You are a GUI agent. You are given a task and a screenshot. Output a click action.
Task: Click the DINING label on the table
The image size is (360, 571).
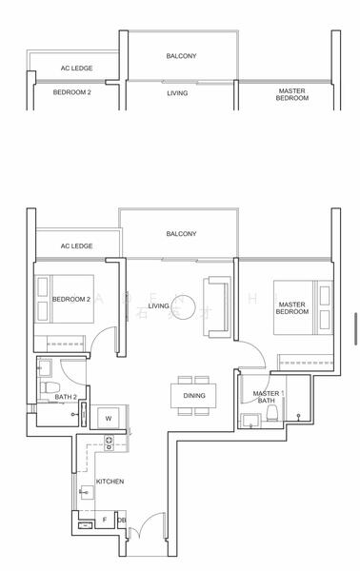(x=194, y=395)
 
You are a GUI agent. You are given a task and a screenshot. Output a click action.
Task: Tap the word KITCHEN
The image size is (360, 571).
(x=110, y=482)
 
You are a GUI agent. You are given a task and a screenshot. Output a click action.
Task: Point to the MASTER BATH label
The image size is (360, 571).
(x=267, y=398)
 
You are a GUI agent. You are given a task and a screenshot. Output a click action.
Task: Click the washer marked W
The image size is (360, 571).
(x=108, y=418)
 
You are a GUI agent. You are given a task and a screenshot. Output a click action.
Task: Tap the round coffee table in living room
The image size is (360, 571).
(x=190, y=308)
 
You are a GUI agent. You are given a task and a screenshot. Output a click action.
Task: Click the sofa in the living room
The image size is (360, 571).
(x=218, y=306)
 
